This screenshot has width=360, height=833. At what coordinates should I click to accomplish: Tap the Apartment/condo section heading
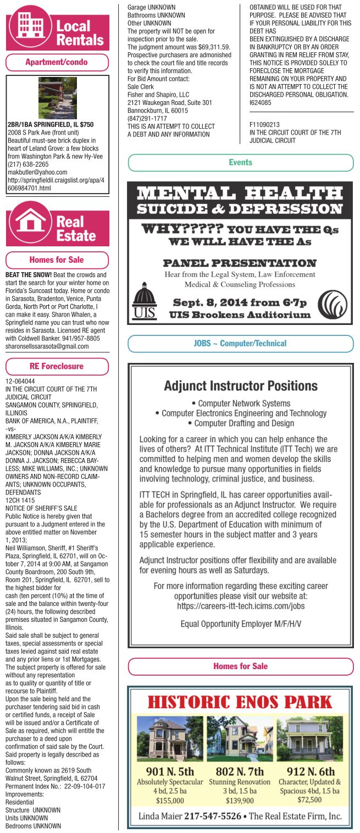pyautogui.click(x=57, y=62)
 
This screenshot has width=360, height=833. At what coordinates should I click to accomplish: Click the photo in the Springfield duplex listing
pyautogui.click(x=57, y=98)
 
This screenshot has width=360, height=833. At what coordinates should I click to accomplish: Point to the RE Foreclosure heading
pyautogui.click(x=57, y=366)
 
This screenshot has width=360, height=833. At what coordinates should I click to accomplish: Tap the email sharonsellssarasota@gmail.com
pyautogui.click(x=47, y=346)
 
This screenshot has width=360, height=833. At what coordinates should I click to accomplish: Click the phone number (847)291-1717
pyautogui.click(x=147, y=118)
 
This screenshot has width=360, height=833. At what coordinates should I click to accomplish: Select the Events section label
pyautogui.click(x=240, y=162)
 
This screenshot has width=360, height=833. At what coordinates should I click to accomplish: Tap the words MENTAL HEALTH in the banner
pyautogui.click(x=240, y=194)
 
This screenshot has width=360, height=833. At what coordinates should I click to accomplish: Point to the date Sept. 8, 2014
pyautogui.click(x=217, y=303)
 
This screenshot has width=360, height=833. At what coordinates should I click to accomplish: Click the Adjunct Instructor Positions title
pyautogui.click(x=240, y=385)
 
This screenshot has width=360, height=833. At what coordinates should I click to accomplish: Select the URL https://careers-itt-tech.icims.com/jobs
pyautogui.click(x=240, y=606)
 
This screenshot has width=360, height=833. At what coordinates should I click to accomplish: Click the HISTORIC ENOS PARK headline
pyautogui.click(x=240, y=702)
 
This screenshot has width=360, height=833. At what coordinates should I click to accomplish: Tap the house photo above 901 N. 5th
pyautogui.click(x=169, y=738)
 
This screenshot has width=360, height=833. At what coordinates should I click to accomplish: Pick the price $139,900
pyautogui.click(x=240, y=801)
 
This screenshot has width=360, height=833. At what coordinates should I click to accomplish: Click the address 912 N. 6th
pyautogui.click(x=310, y=772)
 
